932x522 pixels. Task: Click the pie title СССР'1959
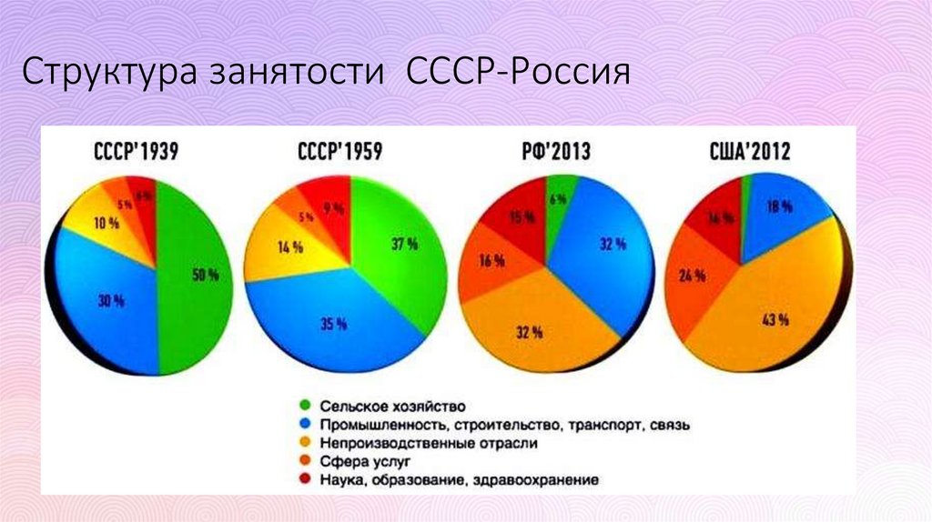click(339, 152)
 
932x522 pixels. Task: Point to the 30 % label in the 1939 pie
click(111, 302)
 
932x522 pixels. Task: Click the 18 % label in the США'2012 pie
click(780, 207)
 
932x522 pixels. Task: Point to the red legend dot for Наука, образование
click(305, 480)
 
